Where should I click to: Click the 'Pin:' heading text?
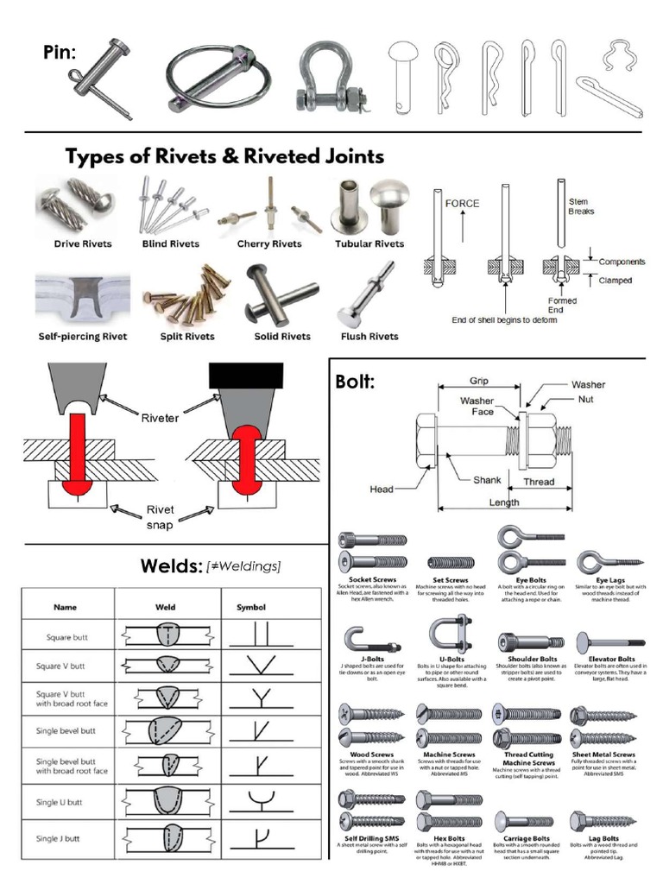tap(60, 54)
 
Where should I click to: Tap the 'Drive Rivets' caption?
tap(83, 244)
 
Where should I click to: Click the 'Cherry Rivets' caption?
tap(269, 244)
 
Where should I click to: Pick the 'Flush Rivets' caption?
tap(369, 336)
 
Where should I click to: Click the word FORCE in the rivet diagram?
tap(462, 204)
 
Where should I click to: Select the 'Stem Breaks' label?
tap(581, 206)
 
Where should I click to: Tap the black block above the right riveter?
tap(246, 374)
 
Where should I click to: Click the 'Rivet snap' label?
tap(161, 516)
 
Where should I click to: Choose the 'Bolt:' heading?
tap(355, 382)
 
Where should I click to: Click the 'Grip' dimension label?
tap(479, 381)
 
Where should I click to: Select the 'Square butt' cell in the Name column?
tap(66, 639)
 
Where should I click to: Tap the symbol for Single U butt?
tap(259, 803)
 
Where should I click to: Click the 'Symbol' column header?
tap(251, 607)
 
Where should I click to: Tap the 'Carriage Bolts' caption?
tap(527, 838)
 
